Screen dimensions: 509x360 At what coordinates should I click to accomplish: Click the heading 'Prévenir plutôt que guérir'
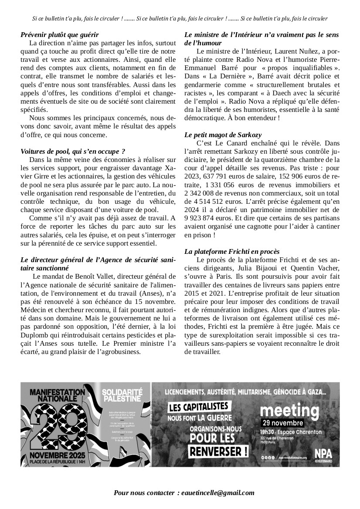click(60, 34)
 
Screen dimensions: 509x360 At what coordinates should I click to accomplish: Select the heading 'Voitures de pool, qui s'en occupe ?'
click(73, 151)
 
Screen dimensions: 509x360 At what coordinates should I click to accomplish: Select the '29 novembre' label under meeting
click(282, 423)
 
